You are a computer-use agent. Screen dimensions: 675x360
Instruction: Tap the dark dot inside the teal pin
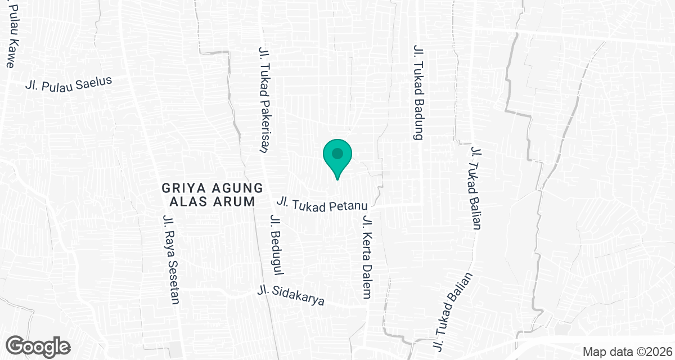337,153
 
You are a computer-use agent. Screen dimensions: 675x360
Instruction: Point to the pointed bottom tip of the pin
337,179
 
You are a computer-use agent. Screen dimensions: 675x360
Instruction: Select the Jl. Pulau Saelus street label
69,83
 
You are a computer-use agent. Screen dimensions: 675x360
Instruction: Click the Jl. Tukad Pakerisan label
262,100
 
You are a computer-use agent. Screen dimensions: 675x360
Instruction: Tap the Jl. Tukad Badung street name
418,93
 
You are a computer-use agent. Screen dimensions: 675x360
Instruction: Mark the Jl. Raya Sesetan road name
170,259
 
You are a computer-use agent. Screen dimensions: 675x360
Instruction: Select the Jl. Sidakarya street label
291,295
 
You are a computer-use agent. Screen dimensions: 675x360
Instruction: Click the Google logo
38,346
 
